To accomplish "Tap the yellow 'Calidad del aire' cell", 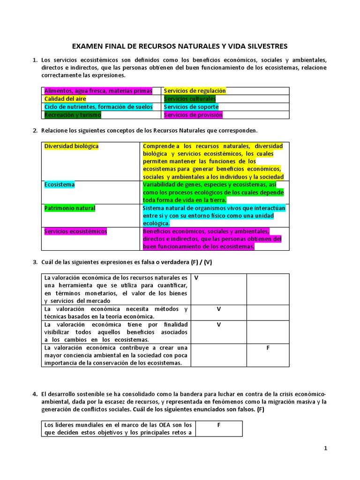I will point(65,99).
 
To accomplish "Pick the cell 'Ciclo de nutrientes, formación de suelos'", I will point(98,107).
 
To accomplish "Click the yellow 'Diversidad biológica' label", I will point(71,146).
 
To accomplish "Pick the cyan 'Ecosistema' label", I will point(60,185).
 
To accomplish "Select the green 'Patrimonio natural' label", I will point(70,208).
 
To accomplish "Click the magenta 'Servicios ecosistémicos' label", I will point(76,232).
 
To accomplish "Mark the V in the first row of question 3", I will point(196,278).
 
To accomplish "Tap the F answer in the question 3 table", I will point(268,348).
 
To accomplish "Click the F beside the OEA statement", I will point(219,425).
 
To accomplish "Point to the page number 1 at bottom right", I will point(326,449).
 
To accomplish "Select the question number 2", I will point(35,130).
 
